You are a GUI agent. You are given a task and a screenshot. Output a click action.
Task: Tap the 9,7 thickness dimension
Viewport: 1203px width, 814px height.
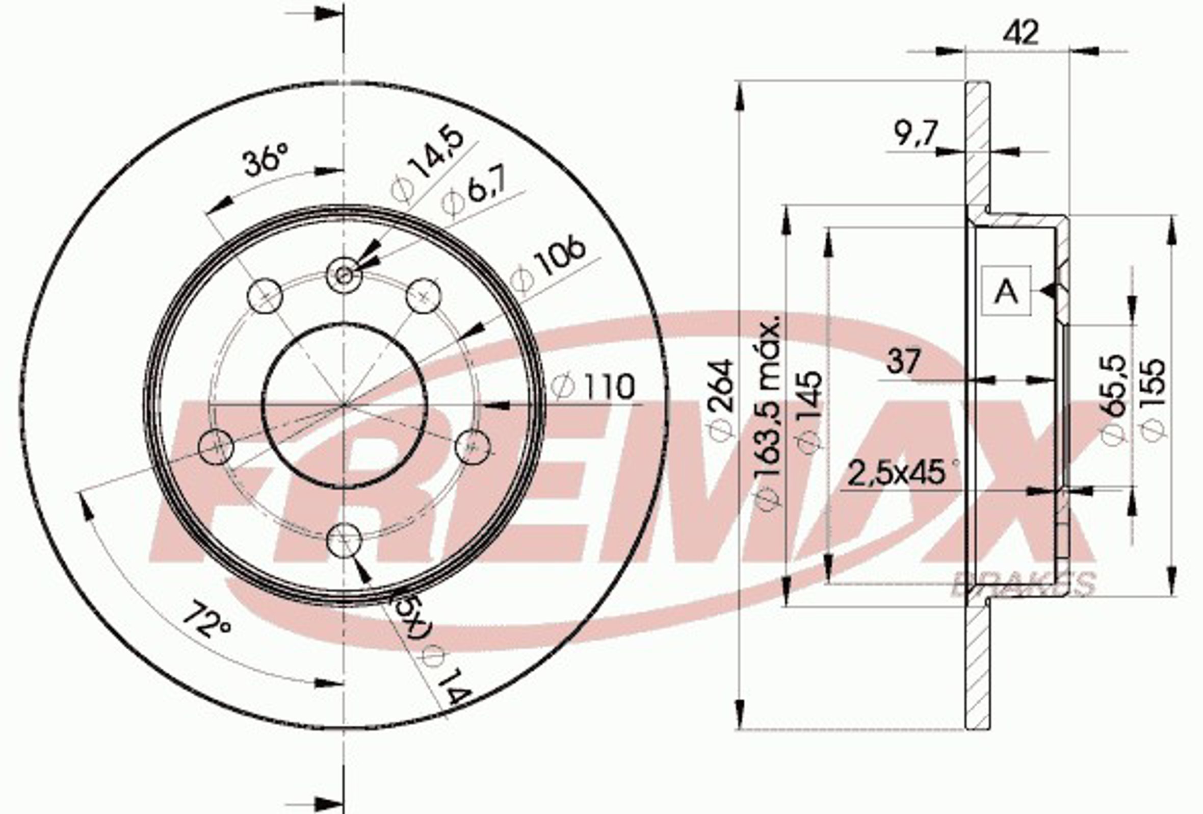[x=914, y=134]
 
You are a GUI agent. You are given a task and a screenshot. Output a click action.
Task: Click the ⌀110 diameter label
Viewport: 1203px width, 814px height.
[x=593, y=386]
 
